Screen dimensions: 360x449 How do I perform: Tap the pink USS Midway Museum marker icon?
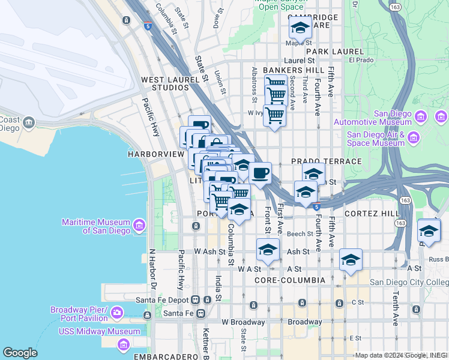tap(124, 344)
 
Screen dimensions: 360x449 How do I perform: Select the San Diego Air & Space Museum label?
tap(376, 139)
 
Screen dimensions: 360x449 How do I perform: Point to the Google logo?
tap(20, 353)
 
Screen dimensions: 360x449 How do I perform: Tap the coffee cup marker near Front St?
tap(260, 173)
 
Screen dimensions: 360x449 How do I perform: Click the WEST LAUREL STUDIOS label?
tap(165, 83)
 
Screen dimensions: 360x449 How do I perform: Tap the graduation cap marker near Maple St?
tap(300, 28)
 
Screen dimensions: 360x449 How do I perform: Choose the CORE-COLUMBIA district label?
tap(290, 280)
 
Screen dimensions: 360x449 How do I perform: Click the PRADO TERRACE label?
tap(327, 162)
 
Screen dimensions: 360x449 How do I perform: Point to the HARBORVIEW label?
tap(155, 154)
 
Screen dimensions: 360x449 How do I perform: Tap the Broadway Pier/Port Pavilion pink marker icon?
tap(116, 313)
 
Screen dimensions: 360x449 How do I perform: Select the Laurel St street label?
tap(300, 61)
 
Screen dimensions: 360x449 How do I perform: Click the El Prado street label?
tap(361, 60)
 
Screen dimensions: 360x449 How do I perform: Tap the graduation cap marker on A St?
tap(351, 260)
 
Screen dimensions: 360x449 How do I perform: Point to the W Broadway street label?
tap(243, 322)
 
